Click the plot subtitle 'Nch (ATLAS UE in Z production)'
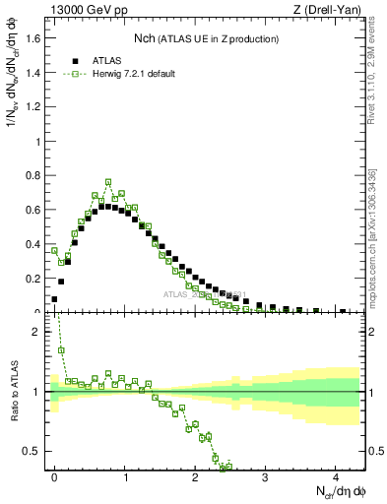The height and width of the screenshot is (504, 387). pos(206,38)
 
